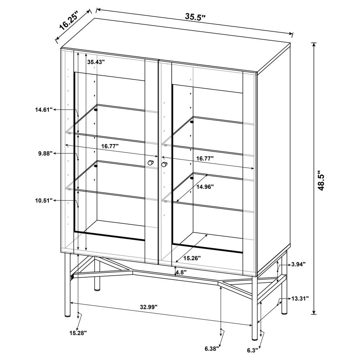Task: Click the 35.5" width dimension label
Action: [195, 16]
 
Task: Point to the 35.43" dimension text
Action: [96, 62]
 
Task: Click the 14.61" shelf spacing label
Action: [44, 109]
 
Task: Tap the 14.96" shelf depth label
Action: [204, 186]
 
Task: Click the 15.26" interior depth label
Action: [192, 258]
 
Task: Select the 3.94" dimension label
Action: [298, 264]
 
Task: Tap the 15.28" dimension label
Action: [78, 332]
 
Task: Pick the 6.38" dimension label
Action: [213, 348]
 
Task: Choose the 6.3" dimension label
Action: [252, 350]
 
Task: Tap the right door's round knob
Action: [164, 164]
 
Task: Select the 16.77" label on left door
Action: [110, 147]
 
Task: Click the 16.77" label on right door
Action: [205, 159]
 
